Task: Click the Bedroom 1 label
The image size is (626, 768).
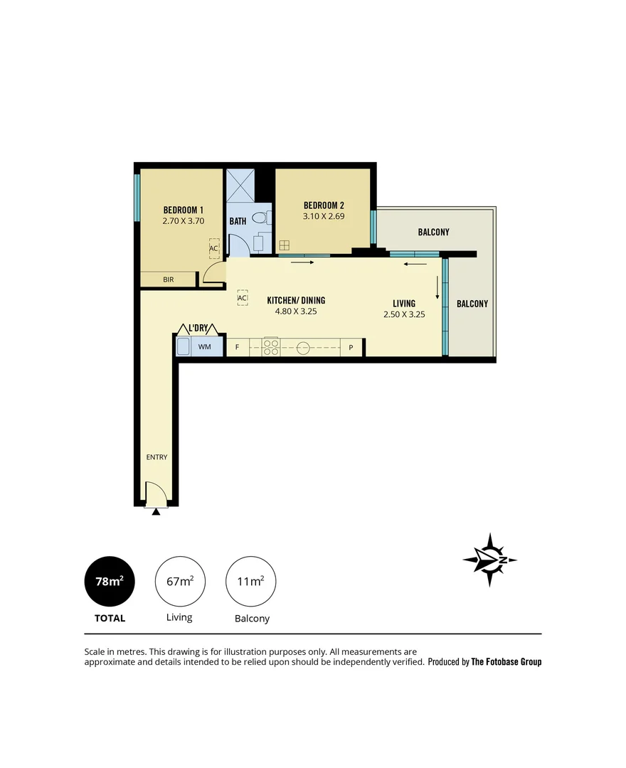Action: point(184,210)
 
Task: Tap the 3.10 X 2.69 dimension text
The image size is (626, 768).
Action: point(324,216)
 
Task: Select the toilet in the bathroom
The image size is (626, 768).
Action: point(265,218)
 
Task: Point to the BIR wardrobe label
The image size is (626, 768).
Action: point(169,279)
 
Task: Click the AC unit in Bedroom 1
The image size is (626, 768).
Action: point(213,249)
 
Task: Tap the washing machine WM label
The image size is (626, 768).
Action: point(205,347)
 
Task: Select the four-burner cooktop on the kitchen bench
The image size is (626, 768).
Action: point(272,347)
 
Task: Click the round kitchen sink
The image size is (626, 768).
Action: point(303,348)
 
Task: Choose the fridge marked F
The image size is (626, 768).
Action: point(237,348)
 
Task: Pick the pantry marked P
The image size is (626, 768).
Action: point(351,348)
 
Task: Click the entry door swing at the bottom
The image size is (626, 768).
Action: point(155,494)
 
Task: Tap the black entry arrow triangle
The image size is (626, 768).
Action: point(156,511)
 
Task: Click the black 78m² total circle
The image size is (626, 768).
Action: point(110,581)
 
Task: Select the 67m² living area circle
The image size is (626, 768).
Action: point(180,581)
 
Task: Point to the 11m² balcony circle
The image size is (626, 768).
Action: point(250,581)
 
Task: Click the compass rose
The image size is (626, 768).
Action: point(489,560)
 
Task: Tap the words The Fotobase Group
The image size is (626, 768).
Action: point(506,662)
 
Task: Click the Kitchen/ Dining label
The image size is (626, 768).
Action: point(296,300)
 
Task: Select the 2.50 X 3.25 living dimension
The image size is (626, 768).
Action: point(404,314)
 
